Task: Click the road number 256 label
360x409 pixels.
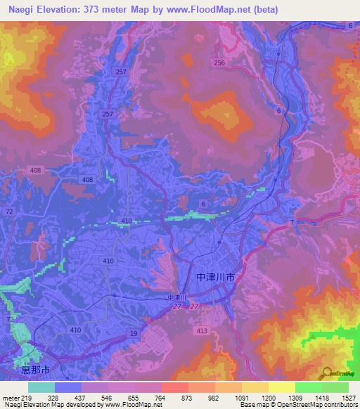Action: pos(220,63)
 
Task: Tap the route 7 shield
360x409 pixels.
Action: pos(290,223)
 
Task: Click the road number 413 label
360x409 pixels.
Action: pos(202,330)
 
